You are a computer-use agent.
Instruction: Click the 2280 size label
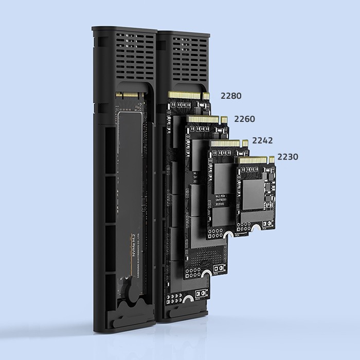(x=231, y=96)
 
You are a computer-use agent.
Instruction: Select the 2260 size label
(x=244, y=119)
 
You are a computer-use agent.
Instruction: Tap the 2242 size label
(x=262, y=140)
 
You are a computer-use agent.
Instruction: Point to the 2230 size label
(x=287, y=156)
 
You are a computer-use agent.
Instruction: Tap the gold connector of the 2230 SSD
(x=256, y=160)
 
